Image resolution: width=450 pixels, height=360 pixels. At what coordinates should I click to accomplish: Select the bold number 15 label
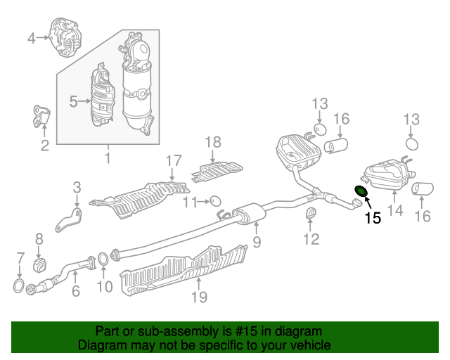coord(373,218)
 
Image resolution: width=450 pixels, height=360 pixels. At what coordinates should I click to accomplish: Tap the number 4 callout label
coord(32,38)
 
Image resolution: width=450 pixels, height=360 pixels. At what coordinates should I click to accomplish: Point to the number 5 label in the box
coord(74,101)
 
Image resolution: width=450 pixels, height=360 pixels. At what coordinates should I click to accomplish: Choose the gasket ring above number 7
coord(18,285)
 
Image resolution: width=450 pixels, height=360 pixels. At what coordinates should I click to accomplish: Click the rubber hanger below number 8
coord(40,264)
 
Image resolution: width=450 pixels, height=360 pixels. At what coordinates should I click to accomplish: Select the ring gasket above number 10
coord(103,258)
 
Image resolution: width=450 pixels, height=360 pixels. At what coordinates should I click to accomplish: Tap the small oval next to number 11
coord(215,201)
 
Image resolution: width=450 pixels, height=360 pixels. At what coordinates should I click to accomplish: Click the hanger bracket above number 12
coord(311,212)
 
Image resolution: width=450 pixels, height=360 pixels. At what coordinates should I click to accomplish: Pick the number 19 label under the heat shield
coord(199,297)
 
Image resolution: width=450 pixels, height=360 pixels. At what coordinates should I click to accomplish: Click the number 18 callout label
coord(213,142)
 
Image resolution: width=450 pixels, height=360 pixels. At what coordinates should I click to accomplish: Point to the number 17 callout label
coord(174,161)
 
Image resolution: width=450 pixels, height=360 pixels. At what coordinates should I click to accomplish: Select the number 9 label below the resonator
coord(257,242)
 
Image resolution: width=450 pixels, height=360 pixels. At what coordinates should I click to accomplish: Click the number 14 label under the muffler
coord(395,210)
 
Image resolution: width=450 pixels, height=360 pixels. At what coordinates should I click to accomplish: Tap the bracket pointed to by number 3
coord(69,219)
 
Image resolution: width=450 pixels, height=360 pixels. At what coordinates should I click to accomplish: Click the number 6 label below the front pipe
coord(76,291)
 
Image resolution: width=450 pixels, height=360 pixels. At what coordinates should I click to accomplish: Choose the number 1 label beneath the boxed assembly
coord(108,157)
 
